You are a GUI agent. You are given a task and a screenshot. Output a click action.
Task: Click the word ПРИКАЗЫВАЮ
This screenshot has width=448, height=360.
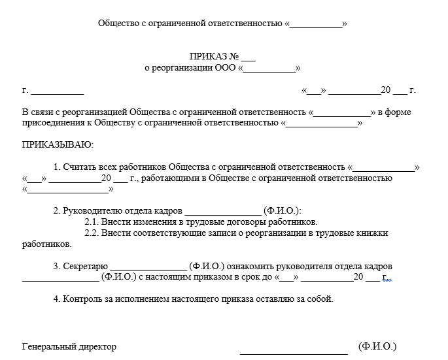click(x=58, y=144)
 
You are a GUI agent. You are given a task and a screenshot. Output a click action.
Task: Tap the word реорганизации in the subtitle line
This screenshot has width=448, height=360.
click(x=184, y=68)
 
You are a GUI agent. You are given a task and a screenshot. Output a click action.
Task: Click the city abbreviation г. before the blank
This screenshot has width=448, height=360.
click(x=25, y=90)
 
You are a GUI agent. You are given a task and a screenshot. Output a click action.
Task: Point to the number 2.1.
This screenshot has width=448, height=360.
click(x=92, y=222)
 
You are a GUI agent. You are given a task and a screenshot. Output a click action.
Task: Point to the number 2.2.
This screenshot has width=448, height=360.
click(x=92, y=233)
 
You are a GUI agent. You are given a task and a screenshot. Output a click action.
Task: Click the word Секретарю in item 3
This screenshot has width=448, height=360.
click(x=85, y=267)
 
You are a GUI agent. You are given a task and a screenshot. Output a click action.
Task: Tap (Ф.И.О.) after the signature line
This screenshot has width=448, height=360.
click(x=377, y=346)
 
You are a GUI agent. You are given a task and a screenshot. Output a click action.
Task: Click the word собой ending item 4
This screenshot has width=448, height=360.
click(x=320, y=300)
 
